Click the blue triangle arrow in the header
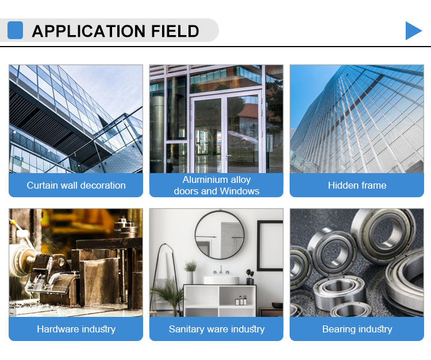point(412,31)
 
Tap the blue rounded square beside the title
point(15,30)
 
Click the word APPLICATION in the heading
point(89,31)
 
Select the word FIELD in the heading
point(175,31)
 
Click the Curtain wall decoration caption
point(76,185)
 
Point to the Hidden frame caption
point(357,185)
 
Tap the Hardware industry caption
point(76,329)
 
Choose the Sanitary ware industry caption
point(217,329)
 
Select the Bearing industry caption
point(357,329)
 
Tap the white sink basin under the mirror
point(221,280)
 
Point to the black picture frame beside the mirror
point(259,246)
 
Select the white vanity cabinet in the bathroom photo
point(220,301)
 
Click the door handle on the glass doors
point(228,156)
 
